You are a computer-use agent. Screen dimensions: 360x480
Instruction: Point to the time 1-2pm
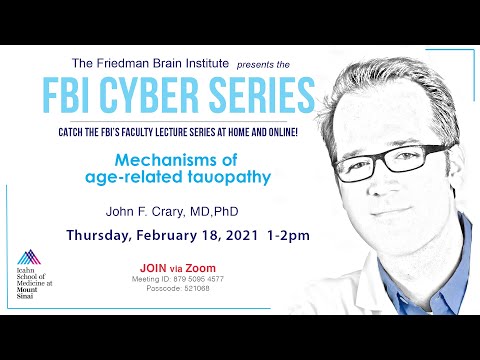point(288,236)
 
